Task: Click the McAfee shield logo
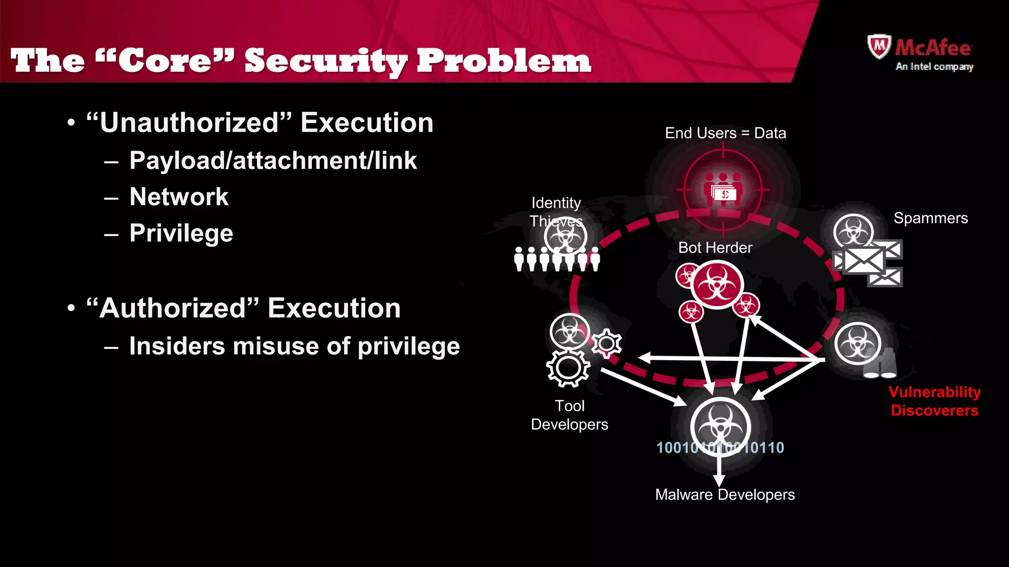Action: [879, 46]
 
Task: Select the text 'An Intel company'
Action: [934, 66]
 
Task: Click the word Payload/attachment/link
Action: [273, 160]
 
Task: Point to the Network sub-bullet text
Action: [179, 197]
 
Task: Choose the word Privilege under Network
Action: [181, 233]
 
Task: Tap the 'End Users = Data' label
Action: [725, 133]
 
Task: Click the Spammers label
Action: [930, 218]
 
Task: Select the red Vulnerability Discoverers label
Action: [935, 401]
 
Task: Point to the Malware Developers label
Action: [725, 495]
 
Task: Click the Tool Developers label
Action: [570, 415]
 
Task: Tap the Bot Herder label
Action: [715, 248]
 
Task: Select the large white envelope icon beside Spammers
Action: [864, 260]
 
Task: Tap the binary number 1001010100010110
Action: [720, 448]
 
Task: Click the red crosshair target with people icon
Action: [723, 190]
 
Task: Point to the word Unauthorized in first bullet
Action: [189, 123]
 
